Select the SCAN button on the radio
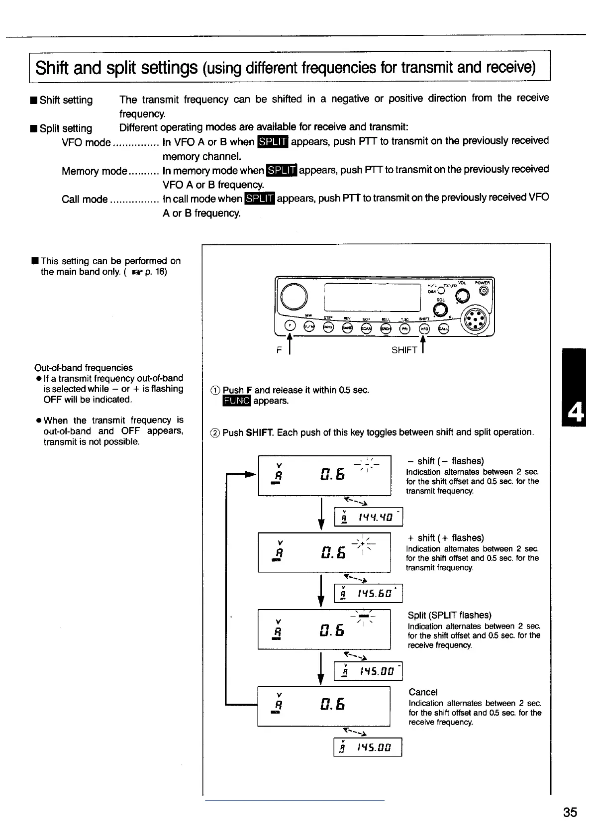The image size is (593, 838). coord(366,328)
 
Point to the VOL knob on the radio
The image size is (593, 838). coord(462,297)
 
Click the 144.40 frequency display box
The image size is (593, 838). coord(368,518)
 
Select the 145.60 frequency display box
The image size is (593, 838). coord(368,594)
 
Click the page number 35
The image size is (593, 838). coord(570,812)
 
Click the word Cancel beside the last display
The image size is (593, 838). coord(423,692)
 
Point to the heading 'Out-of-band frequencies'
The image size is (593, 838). coord(84,368)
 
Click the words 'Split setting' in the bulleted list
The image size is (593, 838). coord(66,128)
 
